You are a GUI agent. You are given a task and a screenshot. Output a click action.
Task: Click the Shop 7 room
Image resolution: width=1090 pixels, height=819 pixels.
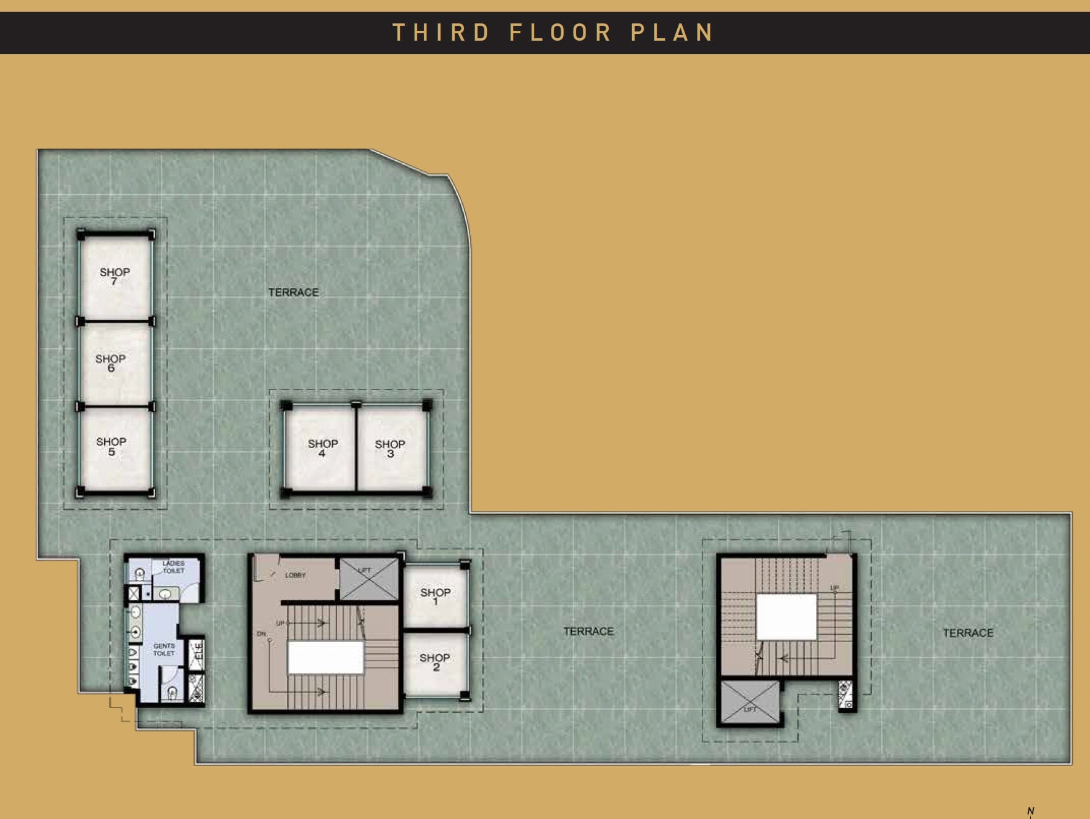pos(115,277)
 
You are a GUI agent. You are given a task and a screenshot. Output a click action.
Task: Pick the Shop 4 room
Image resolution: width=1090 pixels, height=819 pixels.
pos(321,449)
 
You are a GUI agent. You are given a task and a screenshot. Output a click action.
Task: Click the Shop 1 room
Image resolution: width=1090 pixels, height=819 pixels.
pos(436,596)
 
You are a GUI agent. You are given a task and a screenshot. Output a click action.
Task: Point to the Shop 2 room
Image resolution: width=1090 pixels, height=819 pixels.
pos(435,662)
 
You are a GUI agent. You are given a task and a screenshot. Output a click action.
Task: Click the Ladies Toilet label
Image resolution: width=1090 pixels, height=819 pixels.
pos(174,567)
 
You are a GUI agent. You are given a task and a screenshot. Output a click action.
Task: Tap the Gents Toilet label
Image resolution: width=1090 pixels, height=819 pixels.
pos(164,650)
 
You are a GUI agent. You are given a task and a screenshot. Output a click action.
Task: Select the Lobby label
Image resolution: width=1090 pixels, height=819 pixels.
pos(295,575)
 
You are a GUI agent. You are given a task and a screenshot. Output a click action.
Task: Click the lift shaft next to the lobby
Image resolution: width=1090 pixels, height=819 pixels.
pos(369,579)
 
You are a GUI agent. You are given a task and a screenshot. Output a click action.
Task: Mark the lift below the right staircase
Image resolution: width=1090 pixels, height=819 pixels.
pos(750,702)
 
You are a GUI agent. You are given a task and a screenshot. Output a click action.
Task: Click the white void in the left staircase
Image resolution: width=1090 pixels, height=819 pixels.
pos(325,658)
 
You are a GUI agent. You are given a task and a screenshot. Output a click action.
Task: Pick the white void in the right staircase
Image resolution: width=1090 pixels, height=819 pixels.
pos(786,617)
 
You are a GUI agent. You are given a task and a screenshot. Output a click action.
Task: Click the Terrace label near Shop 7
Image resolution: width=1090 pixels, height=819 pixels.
pos(293,293)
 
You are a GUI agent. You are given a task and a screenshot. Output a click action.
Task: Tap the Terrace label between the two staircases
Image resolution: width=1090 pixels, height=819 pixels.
pos(588,632)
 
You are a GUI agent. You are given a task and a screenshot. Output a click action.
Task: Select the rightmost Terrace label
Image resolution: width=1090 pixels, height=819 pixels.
pos(967,633)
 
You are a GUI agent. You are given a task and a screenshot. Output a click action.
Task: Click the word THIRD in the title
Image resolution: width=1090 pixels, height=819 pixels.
pos(441,33)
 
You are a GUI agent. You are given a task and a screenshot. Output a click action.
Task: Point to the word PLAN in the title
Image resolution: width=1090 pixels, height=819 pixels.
pos(672,33)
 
